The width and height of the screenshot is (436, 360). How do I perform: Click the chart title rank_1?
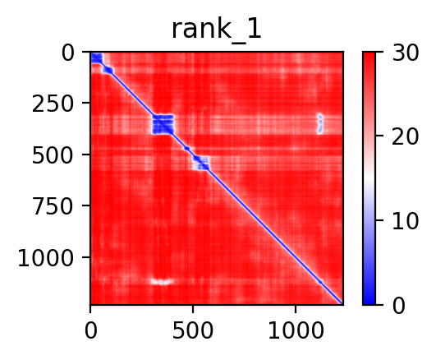pyautogui.click(x=216, y=30)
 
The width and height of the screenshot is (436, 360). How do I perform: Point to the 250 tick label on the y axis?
pyautogui.click(x=53, y=104)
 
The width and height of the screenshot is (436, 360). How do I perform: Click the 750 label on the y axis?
pyautogui.click(x=53, y=207)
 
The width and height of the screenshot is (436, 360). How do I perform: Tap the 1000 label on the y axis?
pyautogui.click(x=46, y=259)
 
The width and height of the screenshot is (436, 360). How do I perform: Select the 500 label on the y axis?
pyautogui.click(x=53, y=156)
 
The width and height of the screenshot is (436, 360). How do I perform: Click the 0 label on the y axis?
pyautogui.click(x=68, y=53)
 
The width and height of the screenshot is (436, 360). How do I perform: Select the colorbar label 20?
pyautogui.click(x=405, y=136)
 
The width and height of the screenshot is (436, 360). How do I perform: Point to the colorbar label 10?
pyautogui.click(x=405, y=221)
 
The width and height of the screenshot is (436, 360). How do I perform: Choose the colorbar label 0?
pyautogui.click(x=399, y=306)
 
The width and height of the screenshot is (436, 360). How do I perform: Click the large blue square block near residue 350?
pyautogui.click(x=163, y=124)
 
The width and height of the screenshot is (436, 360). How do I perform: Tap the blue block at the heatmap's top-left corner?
pyautogui.click(x=97, y=58)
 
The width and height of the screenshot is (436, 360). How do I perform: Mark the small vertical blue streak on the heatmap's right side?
pyautogui.click(x=320, y=124)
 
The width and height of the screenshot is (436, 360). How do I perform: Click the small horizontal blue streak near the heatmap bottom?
pyautogui.click(x=163, y=282)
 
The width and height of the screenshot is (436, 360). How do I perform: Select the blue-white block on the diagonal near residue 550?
pyautogui.click(x=201, y=164)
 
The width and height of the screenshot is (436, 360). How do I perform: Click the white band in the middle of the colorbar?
pyautogui.click(x=369, y=178)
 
